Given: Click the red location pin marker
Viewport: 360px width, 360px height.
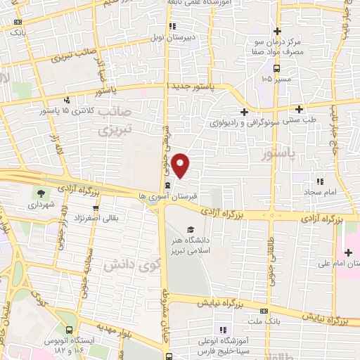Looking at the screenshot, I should (181, 165).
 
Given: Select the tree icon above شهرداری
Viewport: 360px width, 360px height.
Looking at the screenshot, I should (40, 193).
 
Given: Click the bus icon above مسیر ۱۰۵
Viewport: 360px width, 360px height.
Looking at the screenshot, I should (278, 68).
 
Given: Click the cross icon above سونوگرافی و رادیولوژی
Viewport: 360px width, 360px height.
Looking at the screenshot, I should (244, 111).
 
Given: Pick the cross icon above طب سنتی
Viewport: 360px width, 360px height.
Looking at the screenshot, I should (300, 108).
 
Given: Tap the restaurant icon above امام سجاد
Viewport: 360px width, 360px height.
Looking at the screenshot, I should (320, 181).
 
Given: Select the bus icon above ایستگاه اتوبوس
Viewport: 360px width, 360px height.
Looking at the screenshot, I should (68, 329).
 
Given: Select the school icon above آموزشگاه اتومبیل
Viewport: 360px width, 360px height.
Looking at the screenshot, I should (223, 329).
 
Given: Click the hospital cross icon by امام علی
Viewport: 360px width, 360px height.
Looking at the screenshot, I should (349, 252).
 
